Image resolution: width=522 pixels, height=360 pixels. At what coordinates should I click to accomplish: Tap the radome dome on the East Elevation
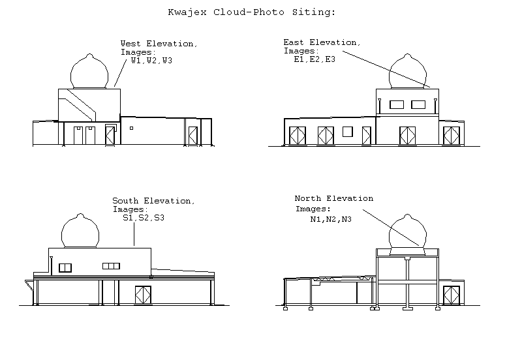tap(409, 72)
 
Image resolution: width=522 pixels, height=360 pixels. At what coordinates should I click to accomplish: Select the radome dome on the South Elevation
tap(81, 232)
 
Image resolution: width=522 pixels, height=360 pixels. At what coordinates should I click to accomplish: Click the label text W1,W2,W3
tap(151, 61)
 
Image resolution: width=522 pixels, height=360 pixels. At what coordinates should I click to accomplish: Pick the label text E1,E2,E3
tap(315, 59)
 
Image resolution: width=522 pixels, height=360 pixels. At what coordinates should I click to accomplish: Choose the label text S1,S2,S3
tap(144, 218)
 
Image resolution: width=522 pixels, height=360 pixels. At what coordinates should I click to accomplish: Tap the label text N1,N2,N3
tap(331, 219)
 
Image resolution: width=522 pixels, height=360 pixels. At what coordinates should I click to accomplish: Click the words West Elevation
tap(159, 44)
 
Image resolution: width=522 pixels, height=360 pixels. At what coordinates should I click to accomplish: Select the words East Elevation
tap(321, 42)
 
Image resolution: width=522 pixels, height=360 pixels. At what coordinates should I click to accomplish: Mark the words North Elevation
tap(334, 198)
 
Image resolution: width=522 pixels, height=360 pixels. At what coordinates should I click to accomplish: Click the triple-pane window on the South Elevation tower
tap(112, 265)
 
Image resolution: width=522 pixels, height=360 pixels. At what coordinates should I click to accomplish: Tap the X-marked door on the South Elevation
tap(143, 294)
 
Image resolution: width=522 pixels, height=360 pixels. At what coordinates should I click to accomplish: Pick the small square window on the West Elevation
tap(131, 128)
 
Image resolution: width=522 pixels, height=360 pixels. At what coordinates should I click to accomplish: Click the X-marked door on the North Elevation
tap(450, 295)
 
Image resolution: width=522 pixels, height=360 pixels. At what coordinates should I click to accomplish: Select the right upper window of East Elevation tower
tap(418, 104)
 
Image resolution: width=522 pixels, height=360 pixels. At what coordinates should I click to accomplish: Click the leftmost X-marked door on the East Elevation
tap(298, 136)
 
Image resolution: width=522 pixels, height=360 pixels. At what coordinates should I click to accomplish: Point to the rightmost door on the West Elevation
tap(192, 136)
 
